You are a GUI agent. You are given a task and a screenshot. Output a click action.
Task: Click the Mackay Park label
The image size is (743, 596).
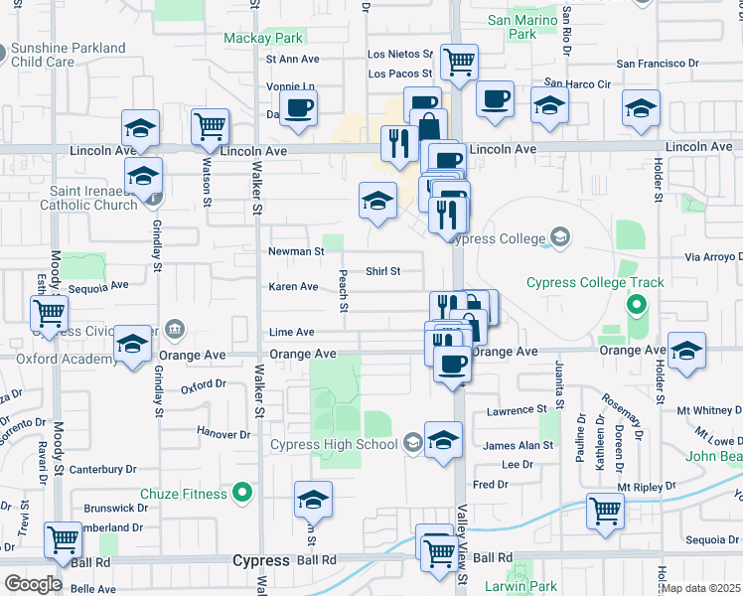click(x=262, y=39)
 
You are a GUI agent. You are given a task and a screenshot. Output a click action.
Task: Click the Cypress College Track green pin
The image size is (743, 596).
click(x=635, y=302)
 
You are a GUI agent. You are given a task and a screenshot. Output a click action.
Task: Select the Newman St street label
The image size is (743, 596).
click(x=296, y=251)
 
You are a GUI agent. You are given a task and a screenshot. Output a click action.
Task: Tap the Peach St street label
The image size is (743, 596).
click(x=343, y=290)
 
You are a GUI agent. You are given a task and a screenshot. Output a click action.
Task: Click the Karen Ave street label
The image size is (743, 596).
click(x=293, y=287)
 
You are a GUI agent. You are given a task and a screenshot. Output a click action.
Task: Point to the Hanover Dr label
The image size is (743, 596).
click(x=223, y=434)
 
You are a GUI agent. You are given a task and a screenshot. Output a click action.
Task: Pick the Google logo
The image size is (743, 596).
click(x=33, y=584)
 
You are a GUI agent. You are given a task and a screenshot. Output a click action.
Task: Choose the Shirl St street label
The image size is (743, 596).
click(x=382, y=270)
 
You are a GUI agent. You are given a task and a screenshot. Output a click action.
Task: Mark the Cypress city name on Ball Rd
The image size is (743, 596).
click(x=260, y=560)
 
